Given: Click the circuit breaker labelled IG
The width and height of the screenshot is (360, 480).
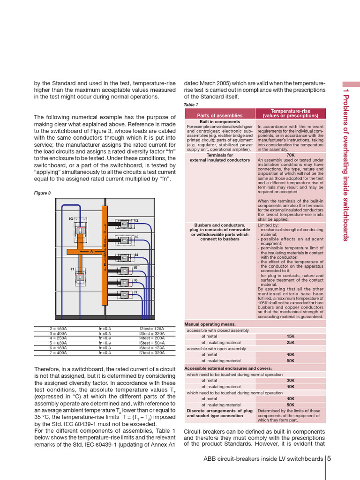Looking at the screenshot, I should [80, 230].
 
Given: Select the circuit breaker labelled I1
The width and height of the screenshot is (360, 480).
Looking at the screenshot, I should [80, 277].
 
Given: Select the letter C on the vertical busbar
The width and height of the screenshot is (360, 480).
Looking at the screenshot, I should [105, 232].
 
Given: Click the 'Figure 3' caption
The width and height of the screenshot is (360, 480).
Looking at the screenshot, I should [42, 193].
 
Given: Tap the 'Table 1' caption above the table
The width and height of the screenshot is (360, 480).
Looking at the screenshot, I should [191, 105].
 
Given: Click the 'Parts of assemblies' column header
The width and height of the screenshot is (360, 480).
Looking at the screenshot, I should [219, 115].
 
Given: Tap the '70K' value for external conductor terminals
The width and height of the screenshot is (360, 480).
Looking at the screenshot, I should [290, 155].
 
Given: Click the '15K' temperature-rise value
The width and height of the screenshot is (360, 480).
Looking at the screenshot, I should [290, 336].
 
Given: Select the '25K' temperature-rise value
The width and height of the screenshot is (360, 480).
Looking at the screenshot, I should [290, 343].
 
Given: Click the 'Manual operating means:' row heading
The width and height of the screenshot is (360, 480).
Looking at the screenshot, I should [210, 324].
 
